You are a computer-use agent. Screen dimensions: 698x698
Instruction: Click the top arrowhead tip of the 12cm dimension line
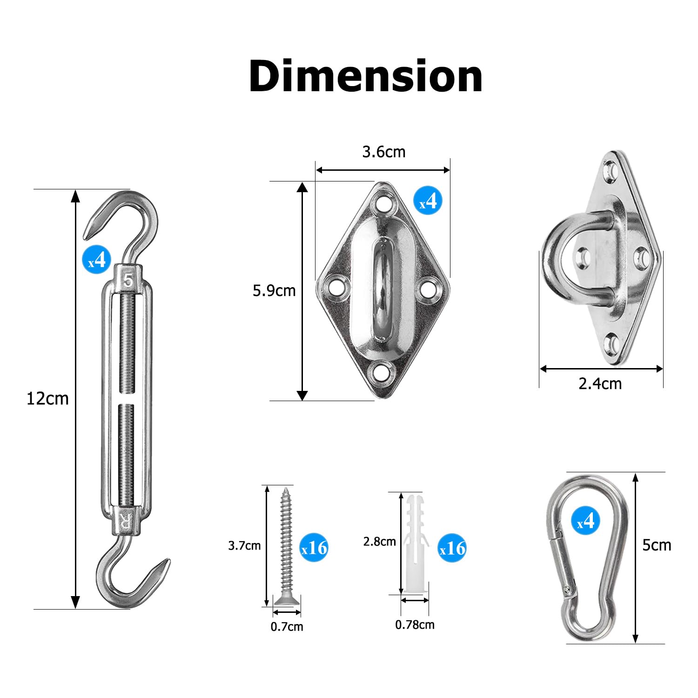(75, 190)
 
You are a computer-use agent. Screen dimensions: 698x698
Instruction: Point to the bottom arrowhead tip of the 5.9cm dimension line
(302, 400)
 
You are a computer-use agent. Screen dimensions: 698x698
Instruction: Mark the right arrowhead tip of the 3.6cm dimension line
(450, 170)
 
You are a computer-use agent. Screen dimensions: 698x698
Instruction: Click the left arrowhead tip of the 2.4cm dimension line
(540, 369)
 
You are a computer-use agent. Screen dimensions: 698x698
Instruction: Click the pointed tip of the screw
(286, 487)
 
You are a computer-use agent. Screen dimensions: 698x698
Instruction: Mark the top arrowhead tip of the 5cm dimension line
(636, 473)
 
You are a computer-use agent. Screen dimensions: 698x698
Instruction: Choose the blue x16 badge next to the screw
(314, 548)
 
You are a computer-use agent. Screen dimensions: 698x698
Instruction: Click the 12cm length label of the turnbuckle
(47, 399)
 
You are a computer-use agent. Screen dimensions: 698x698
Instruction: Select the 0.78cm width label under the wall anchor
(415, 624)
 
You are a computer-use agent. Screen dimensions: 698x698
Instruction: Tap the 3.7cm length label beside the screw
(244, 546)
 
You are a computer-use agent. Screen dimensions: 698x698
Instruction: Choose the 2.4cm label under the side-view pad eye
(600, 383)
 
